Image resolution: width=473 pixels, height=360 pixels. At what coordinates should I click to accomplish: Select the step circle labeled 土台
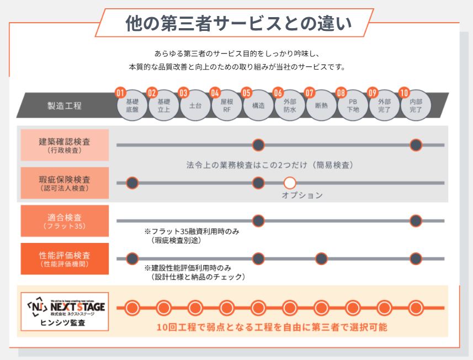[x=195, y=105]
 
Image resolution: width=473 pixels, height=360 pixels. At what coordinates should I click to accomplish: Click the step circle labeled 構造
[x=258, y=105]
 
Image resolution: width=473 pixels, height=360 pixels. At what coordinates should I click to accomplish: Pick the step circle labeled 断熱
[x=321, y=105]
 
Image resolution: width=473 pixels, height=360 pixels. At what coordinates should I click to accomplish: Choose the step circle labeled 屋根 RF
[x=226, y=105]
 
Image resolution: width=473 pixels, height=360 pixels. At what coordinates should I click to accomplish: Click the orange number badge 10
[x=404, y=93]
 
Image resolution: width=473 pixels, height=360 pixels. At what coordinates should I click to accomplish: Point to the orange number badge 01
[x=120, y=93]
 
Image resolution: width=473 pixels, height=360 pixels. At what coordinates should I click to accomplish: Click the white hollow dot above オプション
[x=290, y=183]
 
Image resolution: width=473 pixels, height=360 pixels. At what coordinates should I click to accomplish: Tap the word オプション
[x=302, y=195]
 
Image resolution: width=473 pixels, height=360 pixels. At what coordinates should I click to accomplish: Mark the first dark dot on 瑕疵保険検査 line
[x=132, y=183]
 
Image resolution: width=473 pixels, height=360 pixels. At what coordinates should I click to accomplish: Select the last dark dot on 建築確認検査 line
[x=416, y=145]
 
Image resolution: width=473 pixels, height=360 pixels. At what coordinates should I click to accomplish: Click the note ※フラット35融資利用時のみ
[x=192, y=232]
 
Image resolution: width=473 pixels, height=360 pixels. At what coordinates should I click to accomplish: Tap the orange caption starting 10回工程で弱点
[x=272, y=327]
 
